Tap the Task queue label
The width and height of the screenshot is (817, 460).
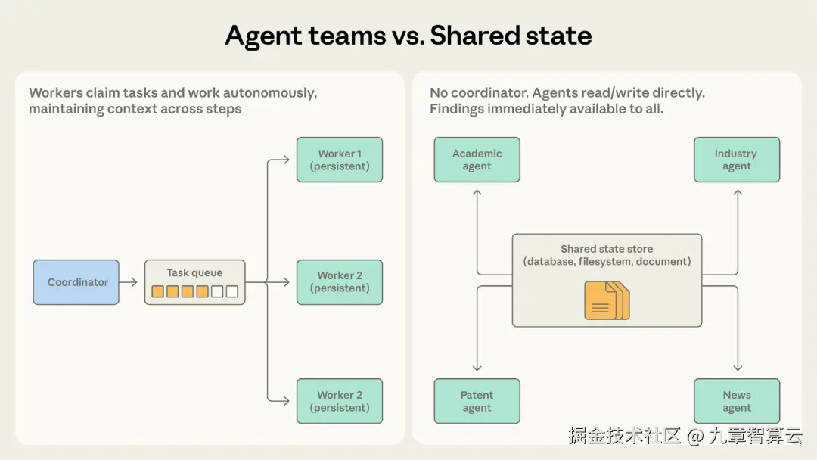click(x=194, y=273)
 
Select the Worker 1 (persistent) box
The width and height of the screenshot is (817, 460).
click(x=340, y=160)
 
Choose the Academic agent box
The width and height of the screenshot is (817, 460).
click(x=477, y=160)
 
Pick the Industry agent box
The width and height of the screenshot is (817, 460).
click(x=736, y=160)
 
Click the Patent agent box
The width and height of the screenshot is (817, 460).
click(x=477, y=401)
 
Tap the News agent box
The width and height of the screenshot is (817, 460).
click(x=736, y=401)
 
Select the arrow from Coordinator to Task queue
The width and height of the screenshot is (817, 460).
click(x=129, y=282)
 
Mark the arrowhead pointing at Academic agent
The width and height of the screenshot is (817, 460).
click(x=477, y=193)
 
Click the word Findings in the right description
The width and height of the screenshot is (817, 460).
click(x=456, y=109)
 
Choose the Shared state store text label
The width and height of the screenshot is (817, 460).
click(x=607, y=249)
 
